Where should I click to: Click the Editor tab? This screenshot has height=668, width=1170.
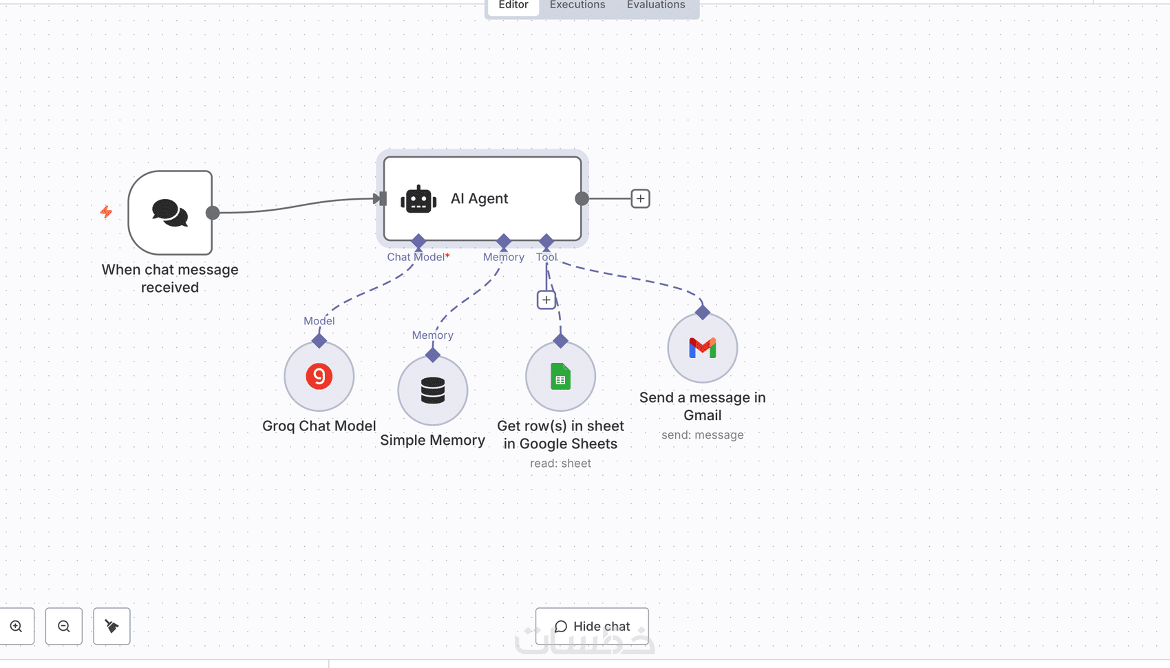[x=513, y=6]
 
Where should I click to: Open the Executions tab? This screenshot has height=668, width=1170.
[x=577, y=6]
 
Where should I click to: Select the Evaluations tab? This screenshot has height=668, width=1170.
[x=656, y=6]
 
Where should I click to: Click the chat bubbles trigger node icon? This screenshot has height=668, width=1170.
[x=170, y=213]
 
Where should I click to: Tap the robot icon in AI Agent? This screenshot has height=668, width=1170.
[x=418, y=199]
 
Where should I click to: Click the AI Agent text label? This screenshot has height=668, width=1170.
[x=479, y=199]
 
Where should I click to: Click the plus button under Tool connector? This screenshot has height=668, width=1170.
[x=546, y=300]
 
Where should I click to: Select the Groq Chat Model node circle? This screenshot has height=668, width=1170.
[x=319, y=377]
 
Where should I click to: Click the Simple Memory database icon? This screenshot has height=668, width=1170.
[x=433, y=390]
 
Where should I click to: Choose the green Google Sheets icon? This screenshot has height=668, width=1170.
[x=561, y=377]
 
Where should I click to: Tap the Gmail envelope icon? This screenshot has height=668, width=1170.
[x=703, y=348]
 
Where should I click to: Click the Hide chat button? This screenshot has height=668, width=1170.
[x=592, y=626]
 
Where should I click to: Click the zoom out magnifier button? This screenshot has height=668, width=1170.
[x=64, y=626]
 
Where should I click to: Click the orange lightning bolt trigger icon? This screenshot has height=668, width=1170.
[x=106, y=212]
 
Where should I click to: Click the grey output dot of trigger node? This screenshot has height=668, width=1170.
[x=213, y=213]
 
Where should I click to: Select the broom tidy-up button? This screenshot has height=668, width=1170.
[x=111, y=626]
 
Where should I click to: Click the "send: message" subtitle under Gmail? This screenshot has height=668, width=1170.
[x=703, y=435]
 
